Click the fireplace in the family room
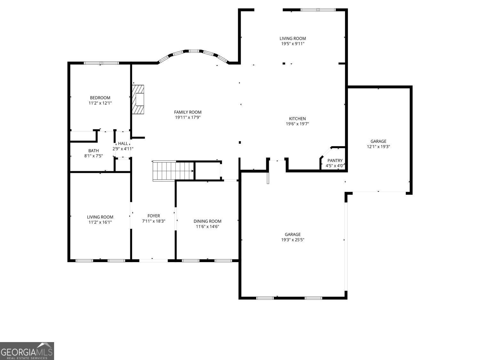pos(138,99)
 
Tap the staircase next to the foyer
pos(173,171)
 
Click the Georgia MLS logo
pos(27,351)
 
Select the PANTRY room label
pos(335,161)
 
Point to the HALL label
pos(123,144)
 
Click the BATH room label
pos(93,151)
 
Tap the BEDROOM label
pos(100,98)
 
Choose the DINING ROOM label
pos(207,221)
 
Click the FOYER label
pos(154,216)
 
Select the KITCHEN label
pos(297,119)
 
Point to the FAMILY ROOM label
pos(188,112)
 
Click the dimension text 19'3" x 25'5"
pos(292,240)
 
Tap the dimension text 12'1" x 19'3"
pos(378,147)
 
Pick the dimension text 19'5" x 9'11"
pos(292,44)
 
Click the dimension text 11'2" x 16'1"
pos(100,222)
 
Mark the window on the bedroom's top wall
pos(101,63)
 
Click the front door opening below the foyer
pos(154,260)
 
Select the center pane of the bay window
pos(193,51)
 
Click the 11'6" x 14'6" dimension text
pos(207,227)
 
